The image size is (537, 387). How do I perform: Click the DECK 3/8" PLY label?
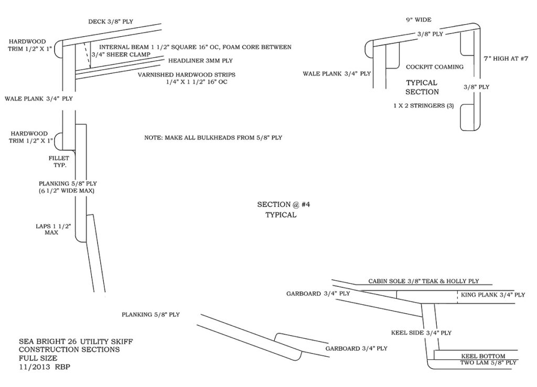point(111,21)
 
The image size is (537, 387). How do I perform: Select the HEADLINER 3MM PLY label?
point(200,61)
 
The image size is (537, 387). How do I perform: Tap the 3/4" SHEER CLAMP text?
point(121,54)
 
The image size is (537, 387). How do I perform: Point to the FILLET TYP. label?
point(59,161)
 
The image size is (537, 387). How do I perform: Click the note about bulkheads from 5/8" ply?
point(213,138)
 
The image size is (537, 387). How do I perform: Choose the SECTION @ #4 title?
point(284,204)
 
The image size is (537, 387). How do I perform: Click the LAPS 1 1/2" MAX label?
point(53,229)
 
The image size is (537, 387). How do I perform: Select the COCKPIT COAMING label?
point(435,67)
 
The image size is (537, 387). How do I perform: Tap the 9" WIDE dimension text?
point(418,20)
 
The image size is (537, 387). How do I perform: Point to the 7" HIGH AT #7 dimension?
point(506,59)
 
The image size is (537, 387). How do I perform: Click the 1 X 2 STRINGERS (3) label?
point(424,106)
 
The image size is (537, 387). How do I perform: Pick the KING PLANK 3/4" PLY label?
point(493,295)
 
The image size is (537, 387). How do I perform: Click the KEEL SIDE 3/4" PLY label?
point(421,333)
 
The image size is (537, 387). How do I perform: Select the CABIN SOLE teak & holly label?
point(424,281)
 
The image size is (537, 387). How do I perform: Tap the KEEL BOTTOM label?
point(483,356)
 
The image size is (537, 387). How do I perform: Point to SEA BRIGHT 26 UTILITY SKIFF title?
point(76,341)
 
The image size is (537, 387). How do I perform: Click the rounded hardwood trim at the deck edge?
point(58,49)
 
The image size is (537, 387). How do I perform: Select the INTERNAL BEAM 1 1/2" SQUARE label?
point(195,47)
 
